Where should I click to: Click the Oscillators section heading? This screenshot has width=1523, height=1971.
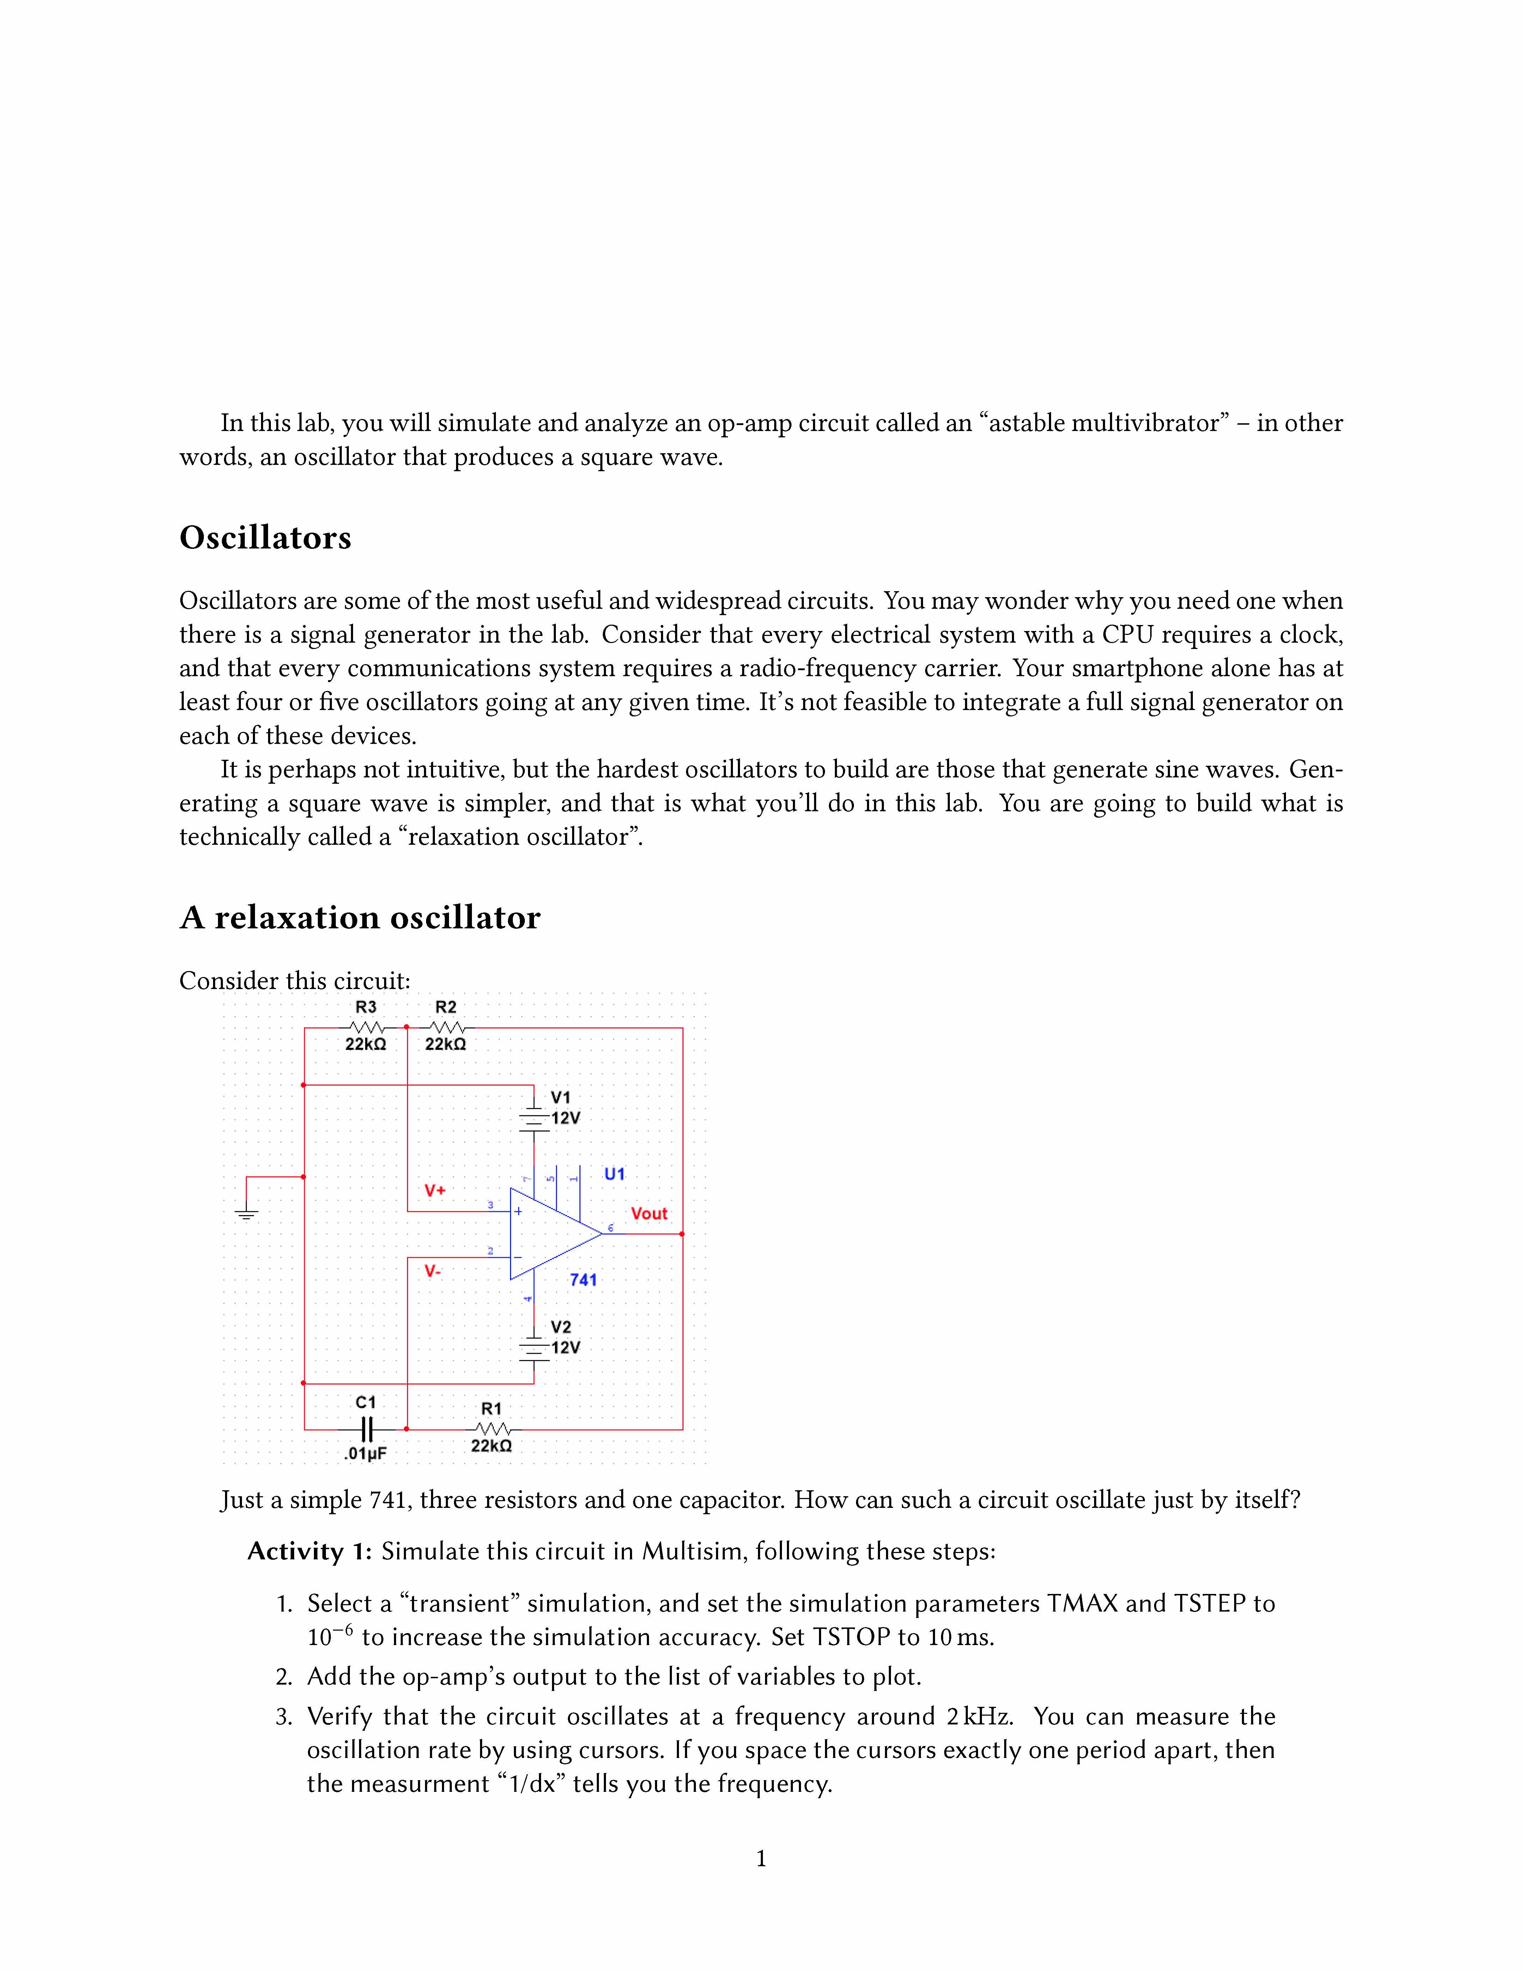pyautogui.click(x=265, y=538)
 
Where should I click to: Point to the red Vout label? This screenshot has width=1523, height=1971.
pyautogui.click(x=649, y=1214)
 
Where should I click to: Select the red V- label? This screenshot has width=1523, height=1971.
pyautogui.click(x=433, y=1272)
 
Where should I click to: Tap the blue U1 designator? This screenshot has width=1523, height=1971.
pyautogui.click(x=614, y=1174)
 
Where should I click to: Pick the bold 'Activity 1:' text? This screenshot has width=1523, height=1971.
pyautogui.click(x=309, y=1551)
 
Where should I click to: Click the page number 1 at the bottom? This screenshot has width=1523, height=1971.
pyautogui.click(x=760, y=1858)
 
